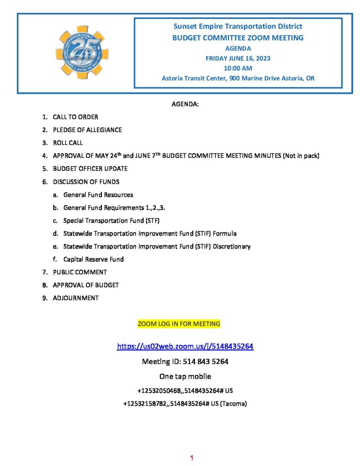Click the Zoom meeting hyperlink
coord(185,346)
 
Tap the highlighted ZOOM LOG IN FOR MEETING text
coord(179,324)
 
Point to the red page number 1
coord(192,457)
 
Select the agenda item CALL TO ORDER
coord(75,117)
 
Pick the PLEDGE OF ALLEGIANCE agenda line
coord(87,130)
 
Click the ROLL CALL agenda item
coord(68,143)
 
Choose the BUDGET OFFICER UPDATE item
coord(90,168)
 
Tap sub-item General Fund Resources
coord(98,195)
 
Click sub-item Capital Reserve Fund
coord(93,259)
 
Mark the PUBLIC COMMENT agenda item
coord(80,272)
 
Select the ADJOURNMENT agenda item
coord(76,298)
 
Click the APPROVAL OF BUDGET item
coord(86,285)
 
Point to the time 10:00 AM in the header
coord(238,68)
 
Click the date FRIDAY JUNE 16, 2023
coord(238,58)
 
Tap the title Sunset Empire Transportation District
coord(238,26)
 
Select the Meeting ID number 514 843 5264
coord(205,362)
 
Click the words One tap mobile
coord(185,376)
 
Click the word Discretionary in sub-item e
coord(232,246)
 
